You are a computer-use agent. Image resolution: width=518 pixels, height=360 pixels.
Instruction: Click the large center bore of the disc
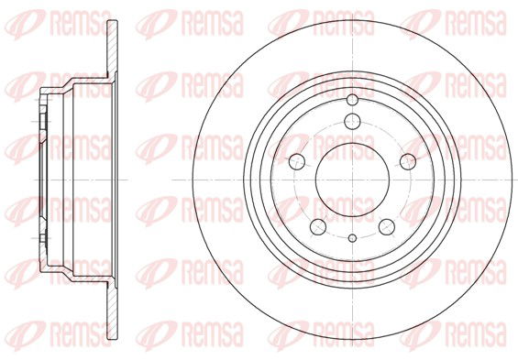(352, 180)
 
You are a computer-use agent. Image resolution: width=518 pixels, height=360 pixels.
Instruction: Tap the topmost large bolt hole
(352, 121)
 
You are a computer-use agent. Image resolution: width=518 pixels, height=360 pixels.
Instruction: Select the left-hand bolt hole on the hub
(297, 162)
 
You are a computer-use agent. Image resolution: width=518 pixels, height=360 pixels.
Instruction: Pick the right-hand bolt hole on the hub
(408, 162)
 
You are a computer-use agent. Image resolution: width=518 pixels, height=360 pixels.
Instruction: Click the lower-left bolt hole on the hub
(318, 226)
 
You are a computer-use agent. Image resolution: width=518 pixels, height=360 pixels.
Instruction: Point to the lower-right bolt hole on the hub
(387, 226)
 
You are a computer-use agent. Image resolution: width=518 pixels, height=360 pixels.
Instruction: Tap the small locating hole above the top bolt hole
(352, 100)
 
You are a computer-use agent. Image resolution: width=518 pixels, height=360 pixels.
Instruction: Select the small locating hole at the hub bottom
(353, 238)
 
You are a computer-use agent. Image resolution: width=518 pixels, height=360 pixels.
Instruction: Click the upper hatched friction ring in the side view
(113, 49)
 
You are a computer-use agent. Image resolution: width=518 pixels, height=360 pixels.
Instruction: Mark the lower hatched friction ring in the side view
(113, 311)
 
